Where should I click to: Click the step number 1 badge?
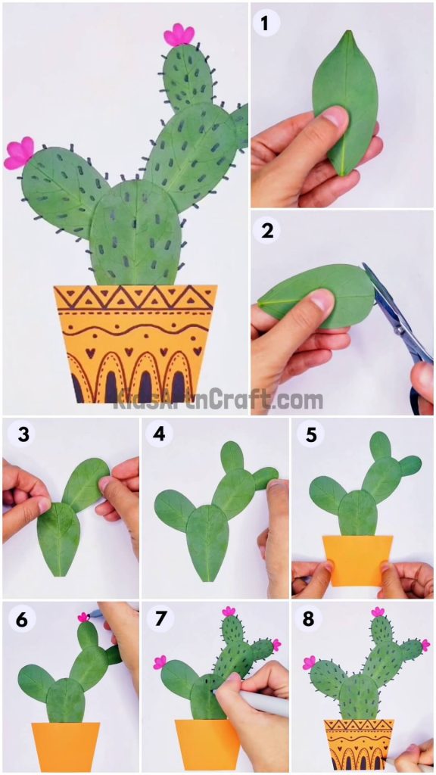[x=265, y=23]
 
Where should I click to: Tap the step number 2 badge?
[x=266, y=231]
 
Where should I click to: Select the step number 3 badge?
[x=23, y=434]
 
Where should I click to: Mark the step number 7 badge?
[x=160, y=620]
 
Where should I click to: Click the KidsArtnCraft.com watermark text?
[x=218, y=400]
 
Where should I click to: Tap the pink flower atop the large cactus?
[x=179, y=35]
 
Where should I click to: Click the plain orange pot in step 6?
[x=66, y=745]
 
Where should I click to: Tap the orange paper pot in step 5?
[x=358, y=559]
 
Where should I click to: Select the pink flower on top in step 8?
[x=376, y=612]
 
